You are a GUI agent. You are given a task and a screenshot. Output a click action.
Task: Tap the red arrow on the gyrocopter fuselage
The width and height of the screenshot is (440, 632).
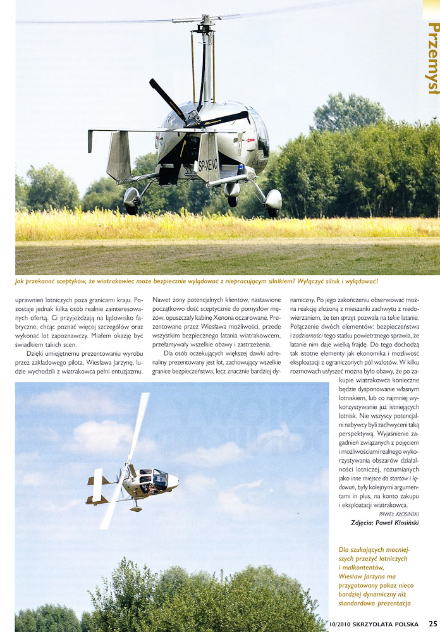pos(251,140)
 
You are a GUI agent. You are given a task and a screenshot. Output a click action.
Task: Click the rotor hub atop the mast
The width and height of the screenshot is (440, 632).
pos(205,27)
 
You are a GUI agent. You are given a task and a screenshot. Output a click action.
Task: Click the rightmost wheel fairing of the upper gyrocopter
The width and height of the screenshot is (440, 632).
pos(274,201)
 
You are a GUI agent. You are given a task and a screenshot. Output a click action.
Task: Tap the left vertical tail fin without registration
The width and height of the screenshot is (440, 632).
pos(119,155)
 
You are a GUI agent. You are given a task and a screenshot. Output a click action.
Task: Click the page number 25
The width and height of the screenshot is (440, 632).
pos(432,625)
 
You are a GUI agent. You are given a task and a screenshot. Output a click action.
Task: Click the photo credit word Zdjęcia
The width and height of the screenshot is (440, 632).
pos(365,523)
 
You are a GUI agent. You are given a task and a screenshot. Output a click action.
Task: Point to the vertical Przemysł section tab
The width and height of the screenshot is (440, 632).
pos(433,57)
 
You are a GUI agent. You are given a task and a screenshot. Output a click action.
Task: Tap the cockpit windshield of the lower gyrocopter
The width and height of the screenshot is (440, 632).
pos(160,477)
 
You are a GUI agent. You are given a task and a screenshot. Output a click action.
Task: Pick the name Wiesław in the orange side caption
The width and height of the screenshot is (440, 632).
pos(351,576)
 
